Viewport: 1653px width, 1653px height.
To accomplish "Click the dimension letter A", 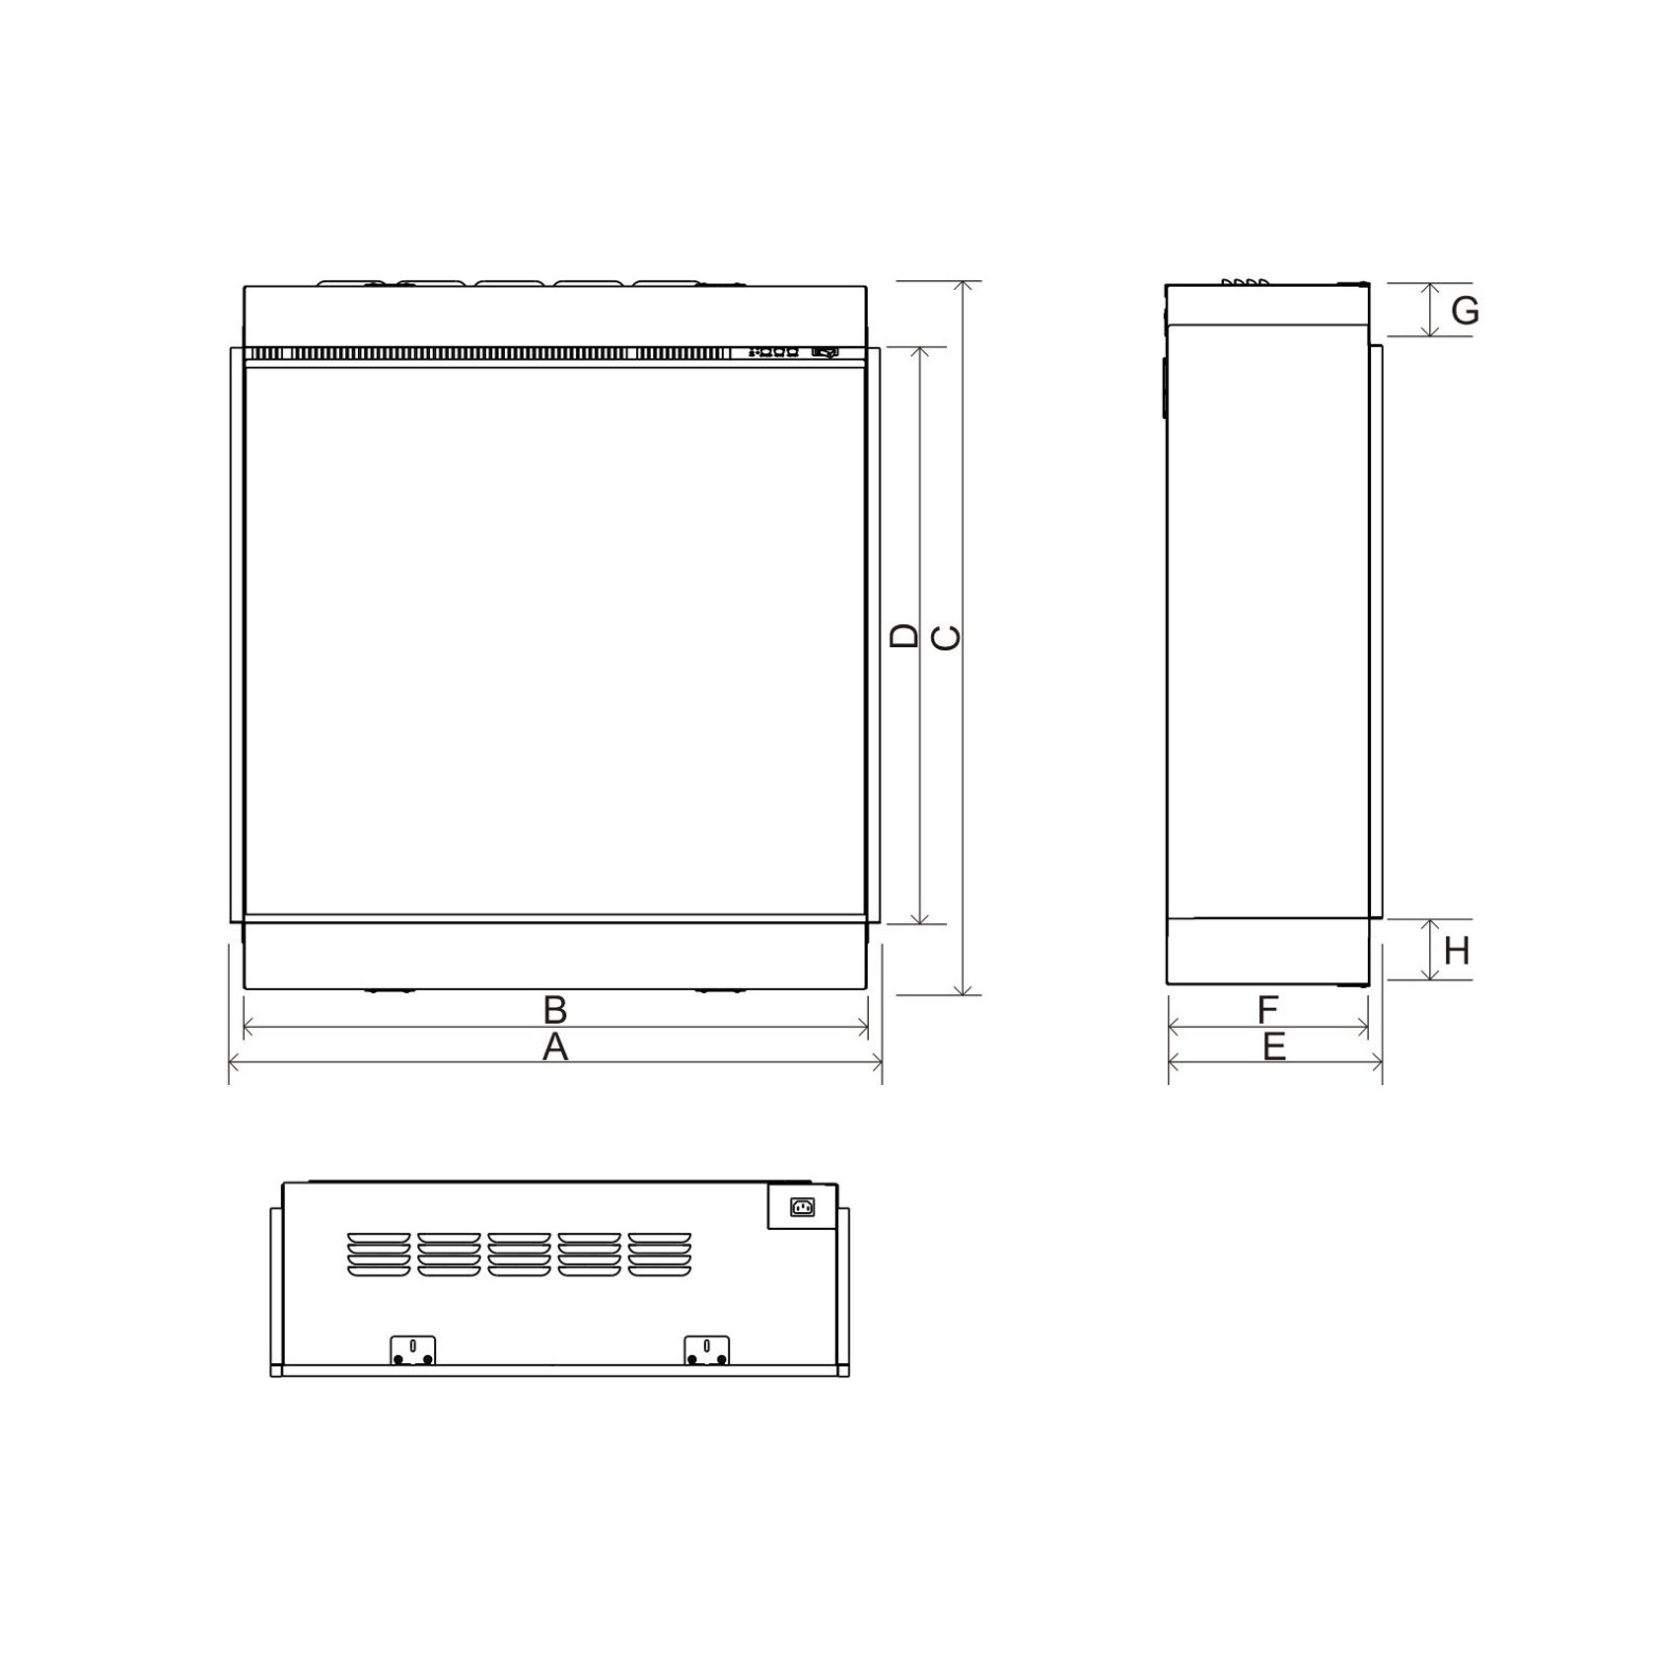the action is (555, 1047).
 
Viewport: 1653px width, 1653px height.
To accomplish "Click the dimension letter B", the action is (555, 1011).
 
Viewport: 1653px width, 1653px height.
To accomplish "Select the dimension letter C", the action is (946, 639).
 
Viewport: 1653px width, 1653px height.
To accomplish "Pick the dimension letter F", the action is (1268, 1010).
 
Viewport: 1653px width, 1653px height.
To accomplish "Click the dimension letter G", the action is (1466, 312).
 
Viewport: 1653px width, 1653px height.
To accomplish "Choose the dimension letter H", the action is (1457, 952).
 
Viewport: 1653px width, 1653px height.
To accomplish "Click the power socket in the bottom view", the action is (803, 1206).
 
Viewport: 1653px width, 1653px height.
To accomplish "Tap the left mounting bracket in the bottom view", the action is (412, 1350).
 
